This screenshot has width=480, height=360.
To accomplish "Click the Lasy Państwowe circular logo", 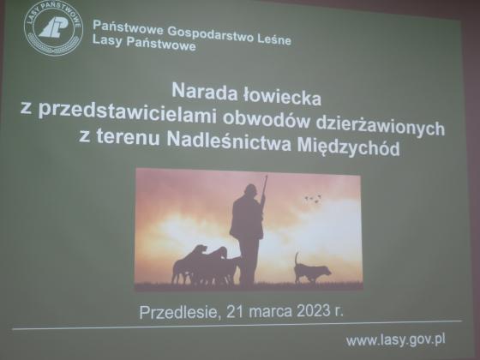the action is pyautogui.click(x=53, y=27).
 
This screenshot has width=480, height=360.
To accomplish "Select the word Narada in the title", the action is pyautogui.click(x=204, y=91).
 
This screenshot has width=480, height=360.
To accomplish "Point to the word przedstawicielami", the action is pyautogui.click(x=129, y=111).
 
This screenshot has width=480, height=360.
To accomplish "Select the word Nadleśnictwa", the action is pyautogui.click(x=229, y=141).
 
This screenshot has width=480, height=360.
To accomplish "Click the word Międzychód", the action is pyautogui.click(x=348, y=147).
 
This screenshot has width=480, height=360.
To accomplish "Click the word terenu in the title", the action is pyautogui.click(x=129, y=137).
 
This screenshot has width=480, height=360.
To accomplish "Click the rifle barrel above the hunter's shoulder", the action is pyautogui.click(x=265, y=185).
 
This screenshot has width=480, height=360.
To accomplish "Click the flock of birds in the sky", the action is pyautogui.click(x=313, y=199).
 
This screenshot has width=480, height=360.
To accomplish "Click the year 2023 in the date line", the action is pyautogui.click(x=313, y=311).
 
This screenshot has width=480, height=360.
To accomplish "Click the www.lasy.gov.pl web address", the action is pyautogui.click(x=395, y=340).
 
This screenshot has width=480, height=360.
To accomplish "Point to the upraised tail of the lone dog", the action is pyautogui.click(x=297, y=259).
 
